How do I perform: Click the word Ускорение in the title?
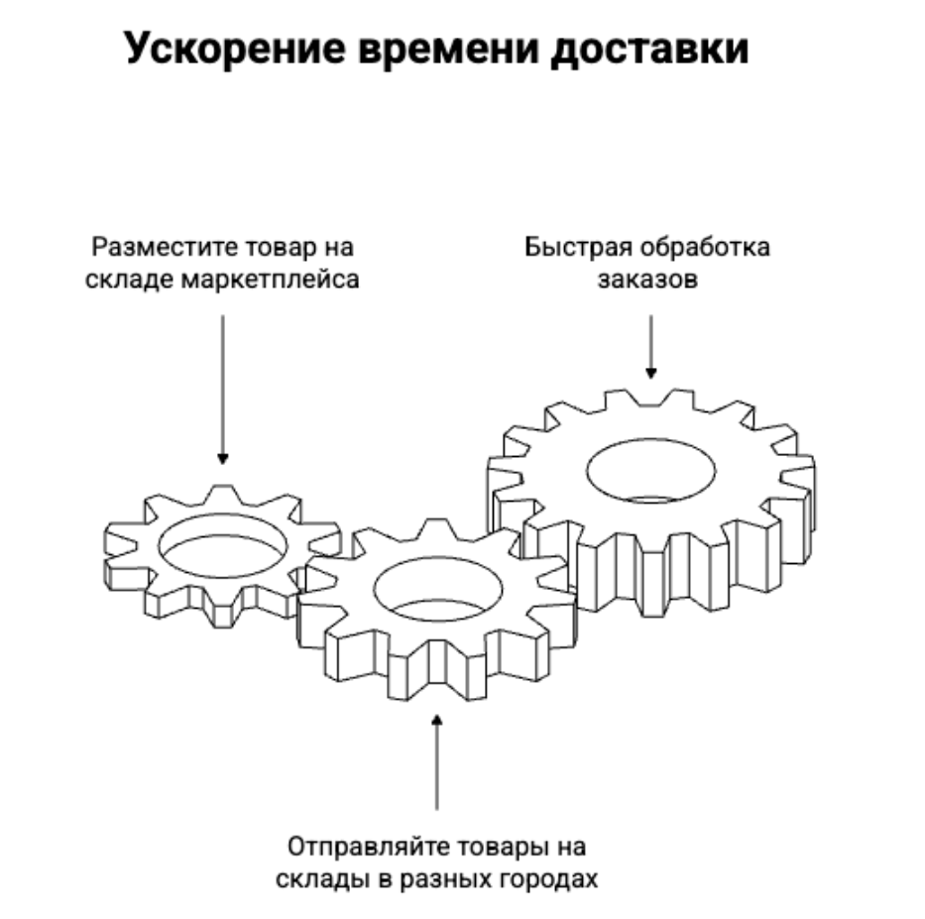pyautogui.click(x=235, y=50)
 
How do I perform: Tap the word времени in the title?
pyautogui.click(x=448, y=50)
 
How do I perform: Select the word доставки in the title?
pyautogui.click(x=649, y=50)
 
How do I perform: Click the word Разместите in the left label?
pyautogui.click(x=166, y=248)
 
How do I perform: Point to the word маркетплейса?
pyautogui.click(x=271, y=281)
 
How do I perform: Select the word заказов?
pyautogui.click(x=647, y=280)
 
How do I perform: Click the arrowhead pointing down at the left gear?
pyautogui.click(x=222, y=458)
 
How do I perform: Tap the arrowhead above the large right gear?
pyautogui.click(x=650, y=373)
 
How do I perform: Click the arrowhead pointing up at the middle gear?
pyautogui.click(x=436, y=721)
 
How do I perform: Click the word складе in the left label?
pyautogui.click(x=130, y=281)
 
